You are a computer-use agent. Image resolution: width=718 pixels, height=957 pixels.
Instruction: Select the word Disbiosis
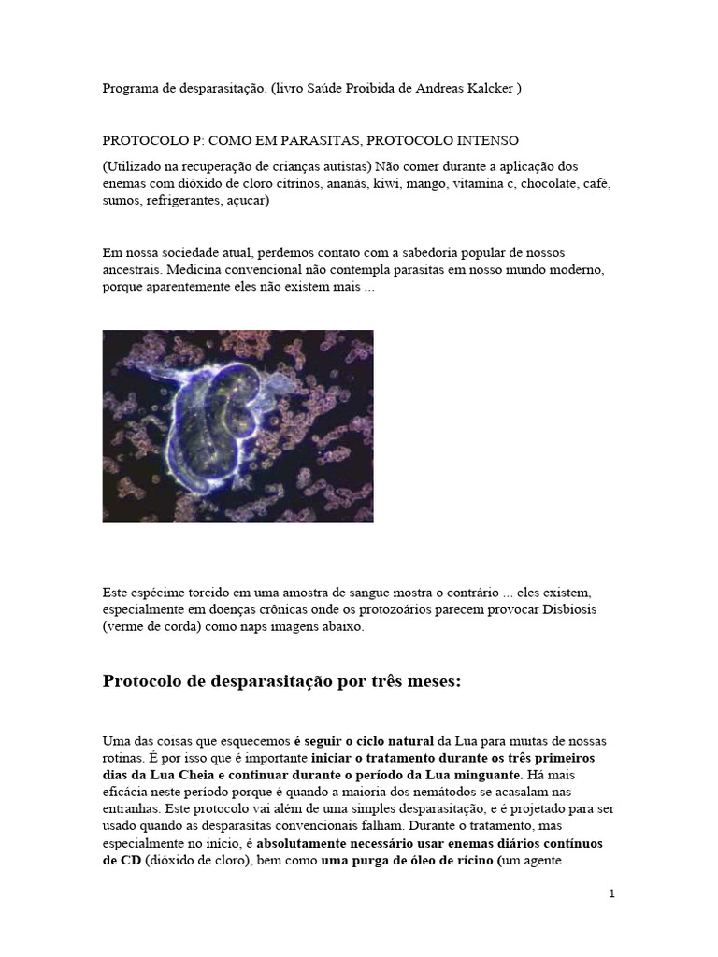[565, 609]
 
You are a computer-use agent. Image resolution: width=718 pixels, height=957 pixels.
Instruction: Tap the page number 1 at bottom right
[612, 893]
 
